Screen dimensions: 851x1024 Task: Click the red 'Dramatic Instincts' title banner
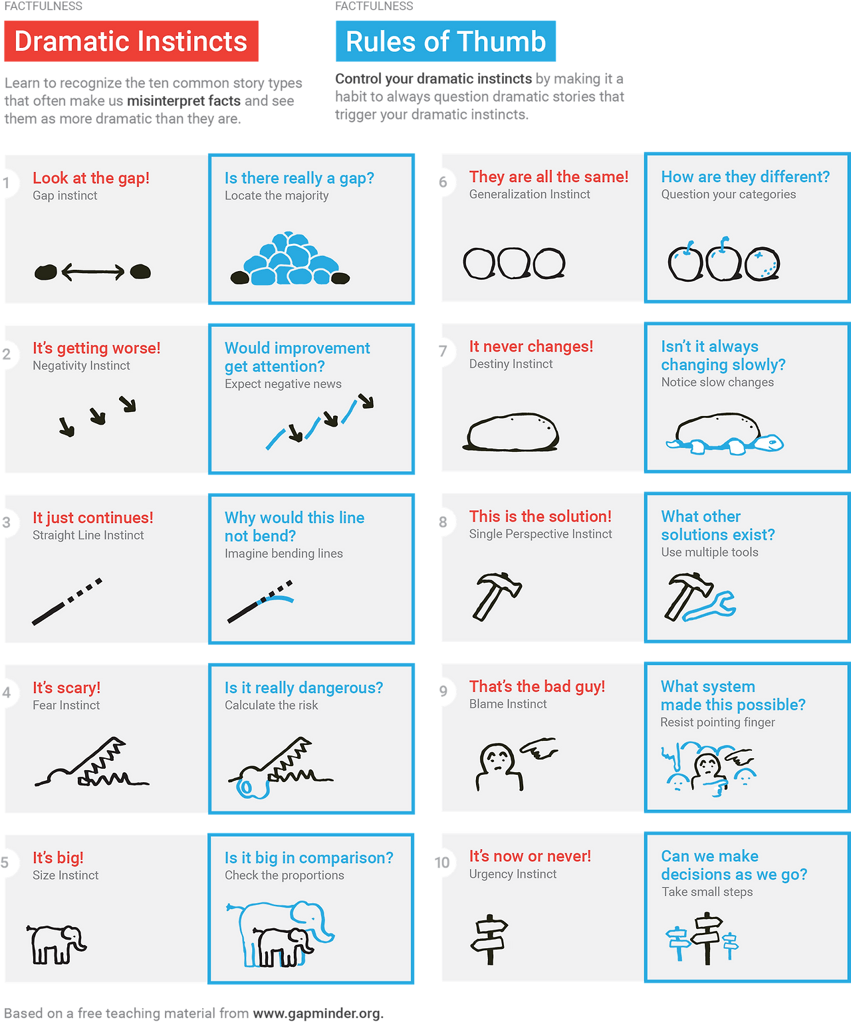131,41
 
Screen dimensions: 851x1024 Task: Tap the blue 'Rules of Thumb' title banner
445,41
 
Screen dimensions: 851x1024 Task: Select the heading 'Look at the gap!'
91,178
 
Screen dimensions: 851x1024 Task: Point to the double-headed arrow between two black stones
93,271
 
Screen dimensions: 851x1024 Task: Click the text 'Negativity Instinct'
82,365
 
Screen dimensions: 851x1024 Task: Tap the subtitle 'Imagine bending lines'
284,553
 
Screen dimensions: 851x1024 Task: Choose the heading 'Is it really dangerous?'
304,688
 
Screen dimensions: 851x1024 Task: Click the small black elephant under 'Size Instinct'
56,944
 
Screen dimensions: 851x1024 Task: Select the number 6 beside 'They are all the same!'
443,182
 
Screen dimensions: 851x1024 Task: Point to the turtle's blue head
769,443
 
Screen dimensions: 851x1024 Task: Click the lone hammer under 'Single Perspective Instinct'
496,595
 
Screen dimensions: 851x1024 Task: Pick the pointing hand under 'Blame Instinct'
539,748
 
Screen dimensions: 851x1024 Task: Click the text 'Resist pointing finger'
717,722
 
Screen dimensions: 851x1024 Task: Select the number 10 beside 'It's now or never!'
441,862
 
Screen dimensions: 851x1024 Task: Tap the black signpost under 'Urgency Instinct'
489,939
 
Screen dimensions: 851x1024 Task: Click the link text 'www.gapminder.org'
316,1013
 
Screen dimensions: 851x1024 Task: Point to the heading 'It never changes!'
531,346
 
